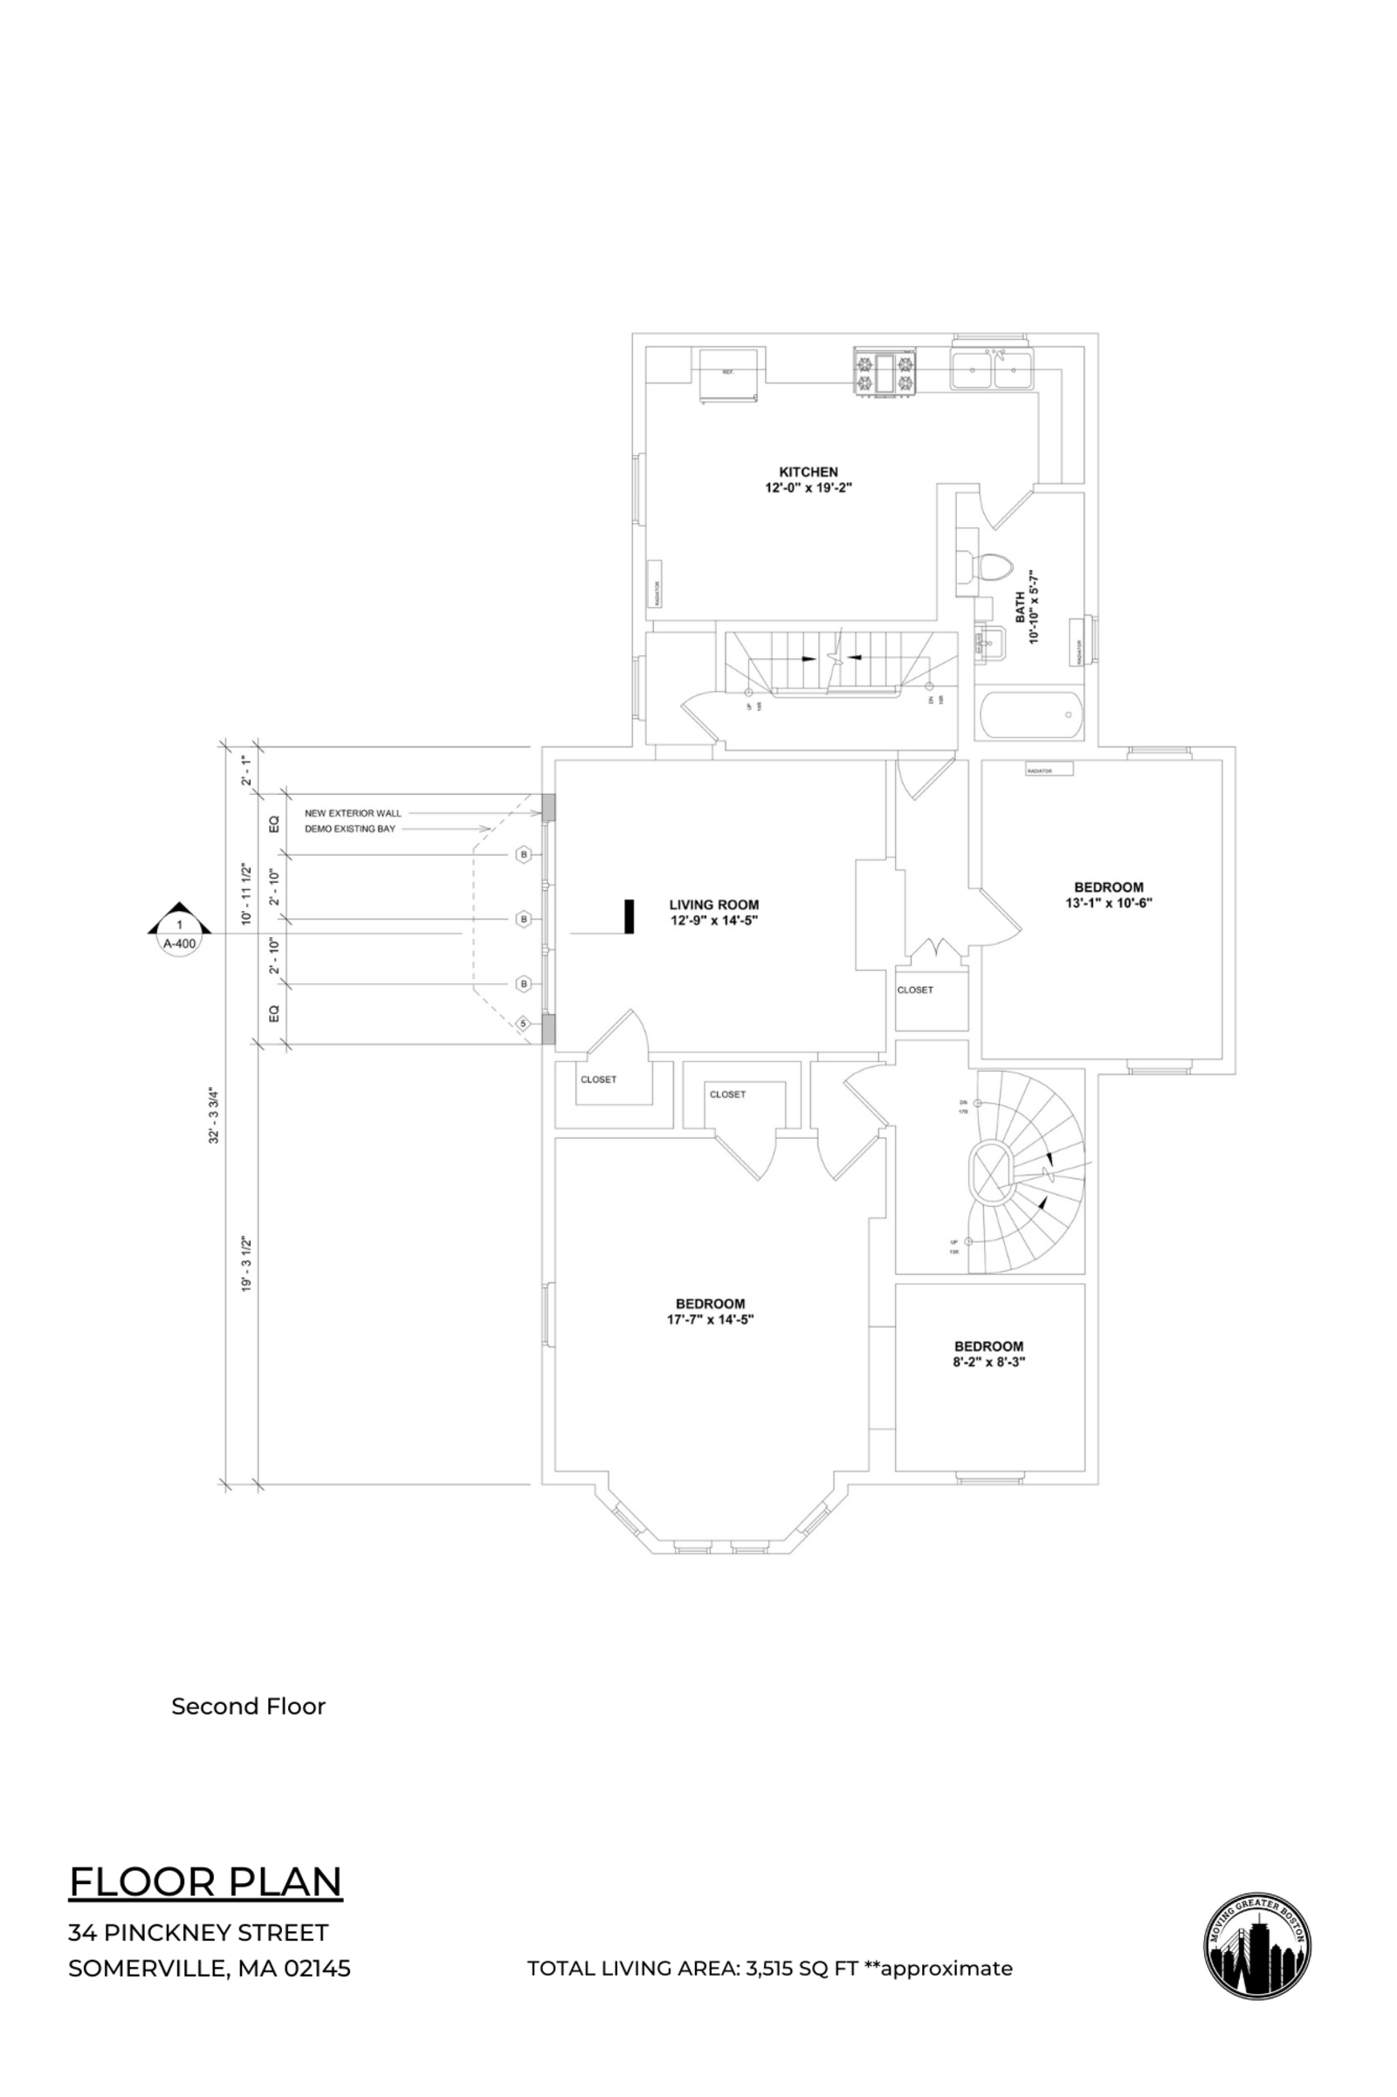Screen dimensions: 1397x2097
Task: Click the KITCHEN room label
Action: [x=809, y=472]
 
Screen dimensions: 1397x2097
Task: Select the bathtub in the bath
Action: [x=1031, y=714]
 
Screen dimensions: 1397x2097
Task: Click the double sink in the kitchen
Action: [x=992, y=369]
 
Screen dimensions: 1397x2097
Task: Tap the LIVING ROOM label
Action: [x=713, y=905]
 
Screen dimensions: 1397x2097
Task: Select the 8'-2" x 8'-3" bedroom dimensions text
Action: [x=989, y=1362]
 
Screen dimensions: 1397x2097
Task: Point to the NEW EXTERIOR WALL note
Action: [x=353, y=813]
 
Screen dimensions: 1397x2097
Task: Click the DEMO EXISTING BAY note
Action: [x=350, y=829]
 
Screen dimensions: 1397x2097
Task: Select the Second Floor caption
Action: [x=249, y=1706]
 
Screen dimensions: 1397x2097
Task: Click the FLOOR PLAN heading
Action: [x=206, y=1881]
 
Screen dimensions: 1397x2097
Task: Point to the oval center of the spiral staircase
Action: [x=990, y=1174]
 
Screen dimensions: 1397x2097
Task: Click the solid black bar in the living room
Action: [x=629, y=916]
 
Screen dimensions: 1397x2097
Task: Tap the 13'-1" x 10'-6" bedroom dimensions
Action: [x=1108, y=902]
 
